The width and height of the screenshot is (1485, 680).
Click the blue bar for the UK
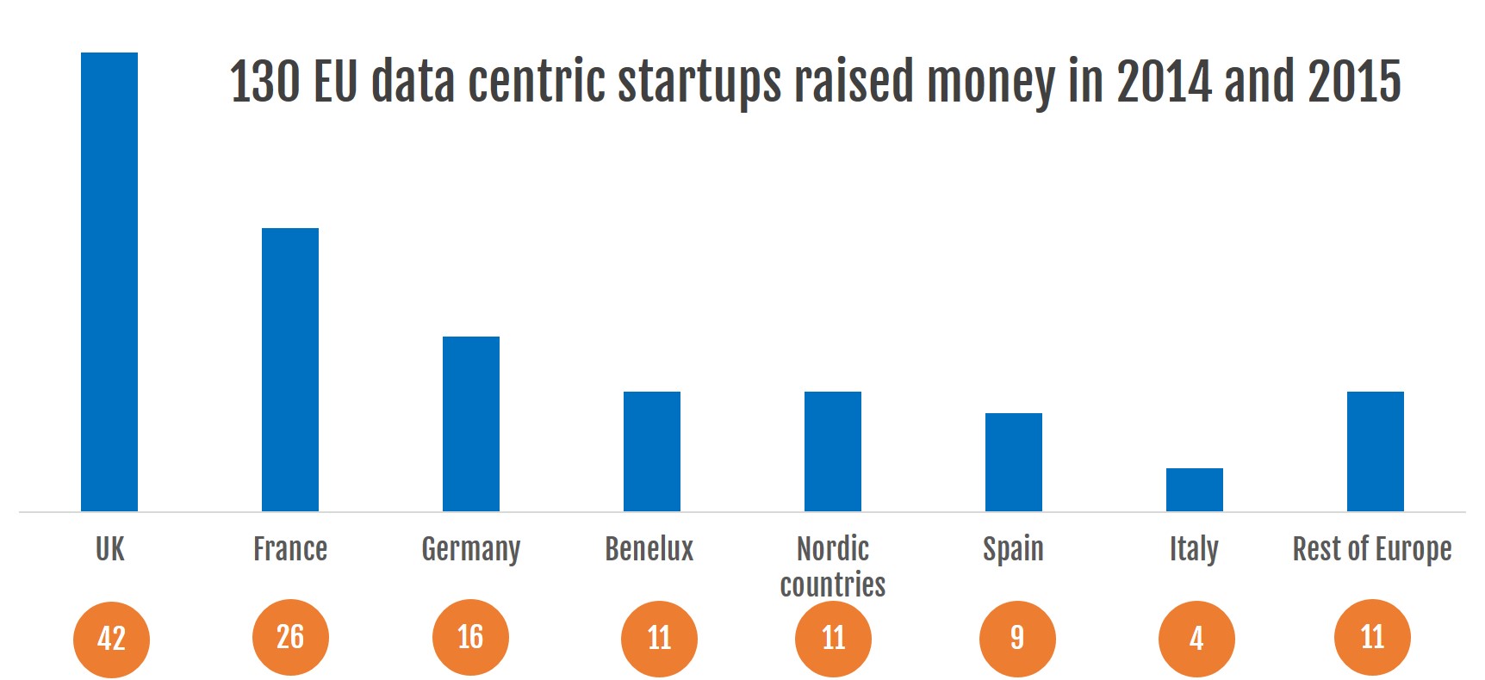[x=109, y=281]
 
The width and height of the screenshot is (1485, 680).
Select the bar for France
[x=290, y=369]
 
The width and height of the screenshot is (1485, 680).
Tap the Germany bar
[x=471, y=423]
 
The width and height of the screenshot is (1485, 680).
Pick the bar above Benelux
[x=652, y=451]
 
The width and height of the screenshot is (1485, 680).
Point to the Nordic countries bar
[x=833, y=451]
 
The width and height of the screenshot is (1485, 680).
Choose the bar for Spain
[x=1014, y=462]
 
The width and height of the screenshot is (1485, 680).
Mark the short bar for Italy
[x=1195, y=490]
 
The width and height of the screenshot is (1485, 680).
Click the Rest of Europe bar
[x=1376, y=451]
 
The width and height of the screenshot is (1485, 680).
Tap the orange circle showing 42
[x=111, y=639]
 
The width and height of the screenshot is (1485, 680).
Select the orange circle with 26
[x=290, y=637]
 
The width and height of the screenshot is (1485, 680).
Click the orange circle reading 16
[x=470, y=637]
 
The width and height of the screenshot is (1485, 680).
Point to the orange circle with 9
[x=1017, y=638]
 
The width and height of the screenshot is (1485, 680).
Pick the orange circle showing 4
[x=1196, y=639]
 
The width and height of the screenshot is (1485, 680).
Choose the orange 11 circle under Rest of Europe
[x=1372, y=637]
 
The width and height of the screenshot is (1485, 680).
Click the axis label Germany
[x=471, y=549]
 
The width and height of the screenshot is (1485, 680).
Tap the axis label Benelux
[x=649, y=548]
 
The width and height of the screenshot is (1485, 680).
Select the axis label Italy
[x=1194, y=549]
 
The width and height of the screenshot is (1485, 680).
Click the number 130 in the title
[x=264, y=82]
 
